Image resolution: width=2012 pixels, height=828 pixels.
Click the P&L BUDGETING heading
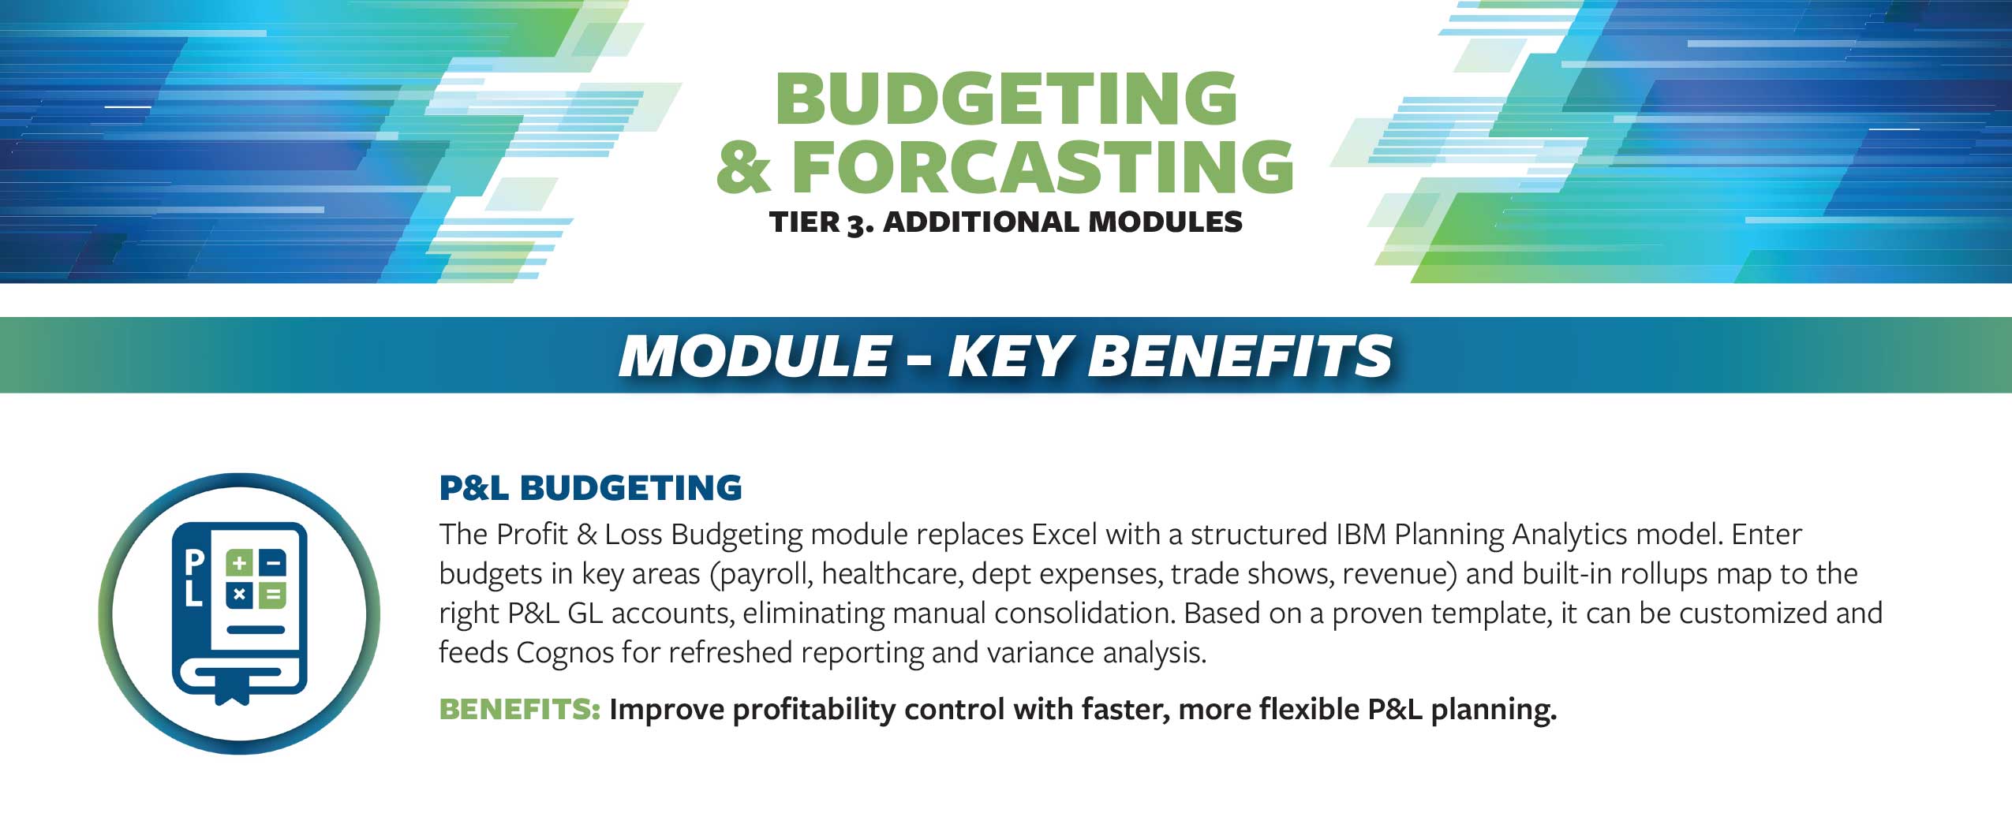click(x=590, y=487)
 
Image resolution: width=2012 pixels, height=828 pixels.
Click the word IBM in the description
click(x=1361, y=535)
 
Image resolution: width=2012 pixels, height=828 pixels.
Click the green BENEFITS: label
click(x=520, y=709)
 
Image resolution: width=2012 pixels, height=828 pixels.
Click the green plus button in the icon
click(x=240, y=564)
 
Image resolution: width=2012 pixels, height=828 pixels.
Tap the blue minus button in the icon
click(x=273, y=564)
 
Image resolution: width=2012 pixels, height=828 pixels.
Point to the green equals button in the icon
click(x=273, y=595)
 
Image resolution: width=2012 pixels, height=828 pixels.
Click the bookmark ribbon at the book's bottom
click(x=233, y=689)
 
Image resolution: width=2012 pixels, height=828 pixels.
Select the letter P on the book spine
click(x=193, y=561)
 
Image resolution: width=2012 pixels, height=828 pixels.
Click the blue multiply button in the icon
click(x=240, y=595)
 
